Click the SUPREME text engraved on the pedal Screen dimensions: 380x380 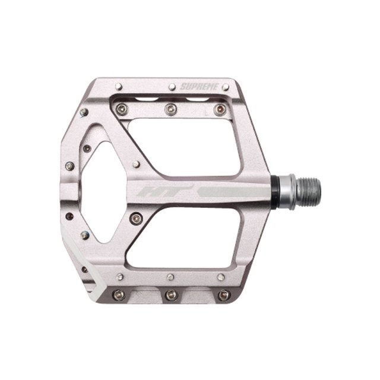click(199, 87)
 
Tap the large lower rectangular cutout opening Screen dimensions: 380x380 click(183, 238)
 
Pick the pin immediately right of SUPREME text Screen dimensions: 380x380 click(226, 87)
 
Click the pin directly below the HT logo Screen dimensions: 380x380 click(136, 218)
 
